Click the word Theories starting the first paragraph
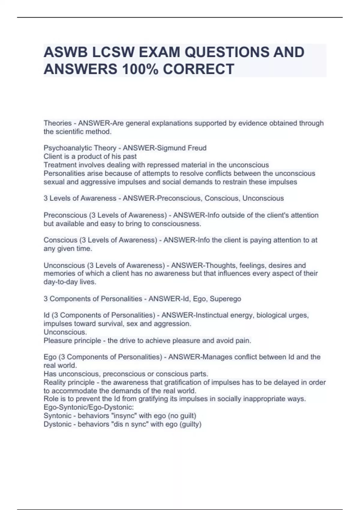coord(58,123)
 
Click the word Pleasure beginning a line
coord(57,341)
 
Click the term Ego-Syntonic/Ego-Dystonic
coord(88,407)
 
